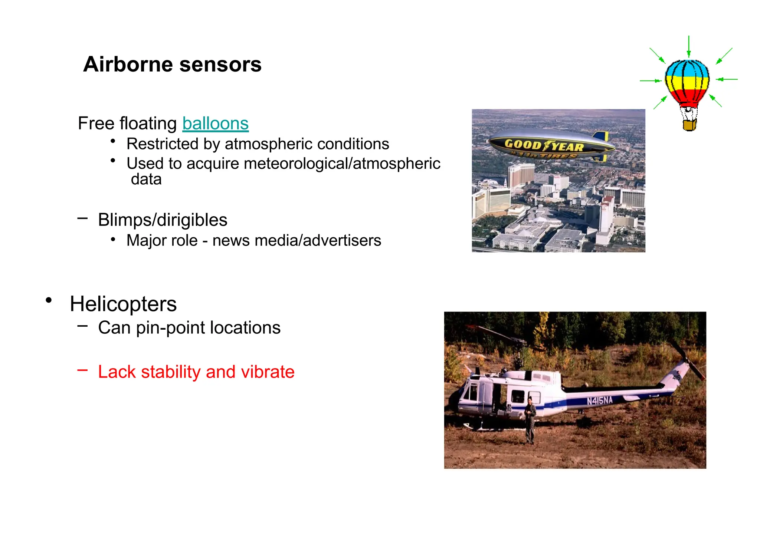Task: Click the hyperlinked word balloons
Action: point(215,123)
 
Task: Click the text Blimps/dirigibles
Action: point(163,220)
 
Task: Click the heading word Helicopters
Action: point(123,304)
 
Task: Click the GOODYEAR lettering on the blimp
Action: point(544,145)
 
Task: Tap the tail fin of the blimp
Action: point(600,136)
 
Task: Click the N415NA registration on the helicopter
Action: point(600,401)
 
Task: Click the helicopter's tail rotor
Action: point(687,360)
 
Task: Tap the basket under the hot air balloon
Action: point(689,125)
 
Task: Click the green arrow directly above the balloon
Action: point(689,46)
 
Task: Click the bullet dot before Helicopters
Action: point(49,300)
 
